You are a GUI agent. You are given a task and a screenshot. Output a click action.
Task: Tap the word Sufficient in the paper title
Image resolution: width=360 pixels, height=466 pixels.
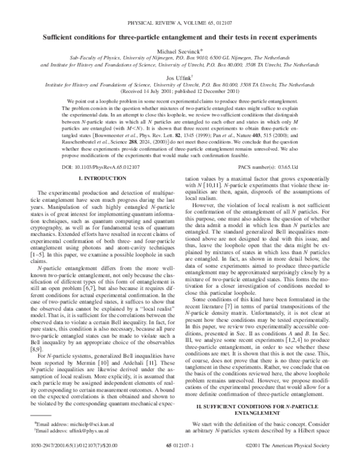coord(62,37)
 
